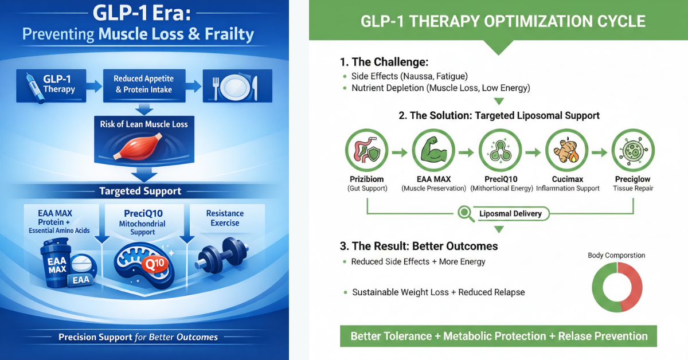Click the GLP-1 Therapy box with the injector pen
coord(51,85)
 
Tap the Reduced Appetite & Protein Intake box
coord(144,85)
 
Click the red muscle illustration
coord(138,147)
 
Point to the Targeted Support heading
coord(140,191)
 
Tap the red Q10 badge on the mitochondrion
coord(155,264)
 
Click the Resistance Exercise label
coord(225,218)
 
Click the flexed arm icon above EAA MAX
coord(433,150)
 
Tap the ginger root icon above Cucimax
coord(566,151)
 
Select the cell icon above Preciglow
coord(633,151)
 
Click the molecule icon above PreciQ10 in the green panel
coord(500,151)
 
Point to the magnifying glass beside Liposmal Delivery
coord(466,214)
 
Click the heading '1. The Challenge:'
coord(384,62)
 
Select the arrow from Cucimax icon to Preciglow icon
coord(600,152)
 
